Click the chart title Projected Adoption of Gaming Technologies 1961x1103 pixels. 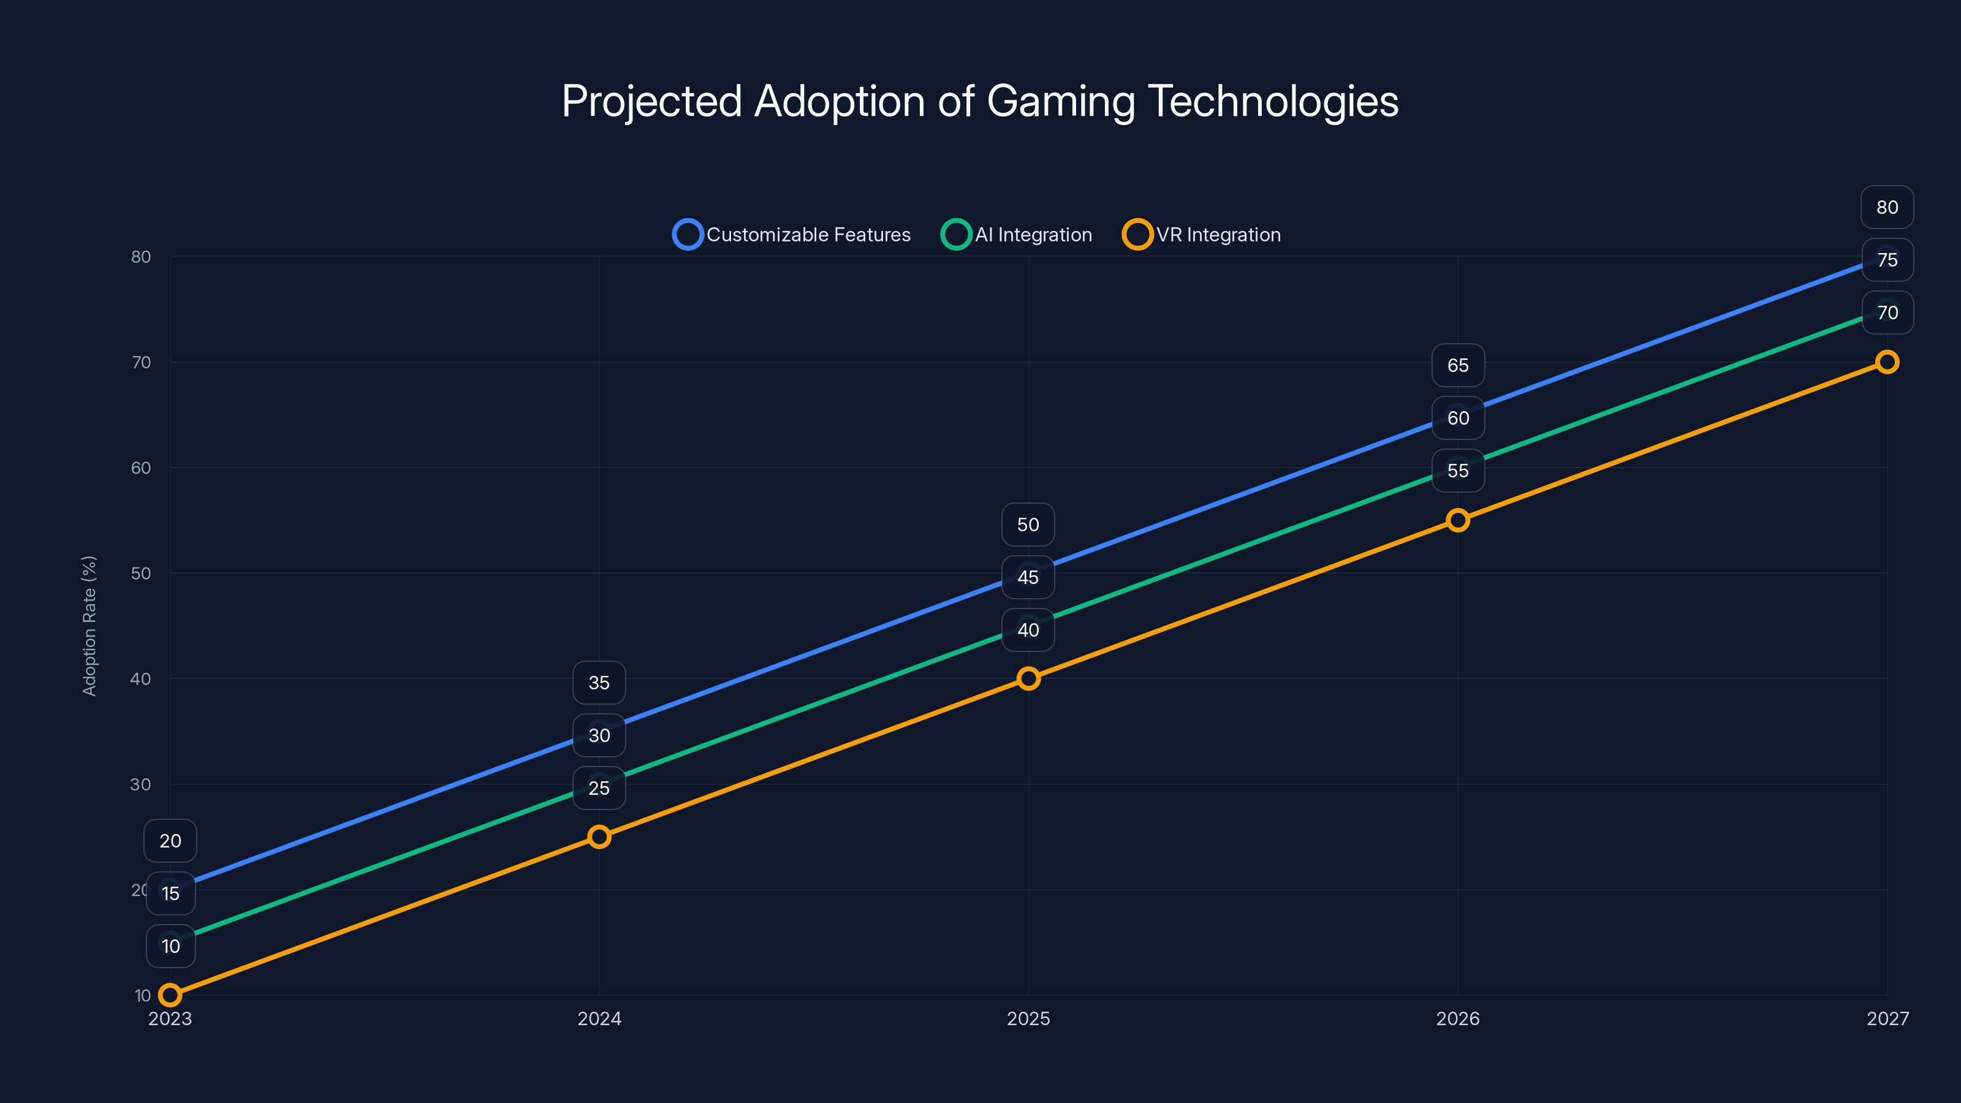980,101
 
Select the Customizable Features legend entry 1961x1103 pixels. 792,235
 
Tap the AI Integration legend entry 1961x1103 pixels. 1017,235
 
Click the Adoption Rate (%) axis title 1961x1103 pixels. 89,626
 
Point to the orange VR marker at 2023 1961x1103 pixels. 170,995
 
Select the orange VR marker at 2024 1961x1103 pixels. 599,836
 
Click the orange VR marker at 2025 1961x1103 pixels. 1028,678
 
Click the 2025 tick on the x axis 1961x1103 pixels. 1028,1018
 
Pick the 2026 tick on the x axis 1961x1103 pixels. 1458,1018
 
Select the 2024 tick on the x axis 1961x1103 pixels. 599,1018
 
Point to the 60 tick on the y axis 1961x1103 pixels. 141,468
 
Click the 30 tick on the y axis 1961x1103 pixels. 141,784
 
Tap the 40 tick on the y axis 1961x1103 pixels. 141,679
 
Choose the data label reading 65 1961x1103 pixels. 1458,365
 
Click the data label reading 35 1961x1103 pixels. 599,683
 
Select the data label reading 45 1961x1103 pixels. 1028,577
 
